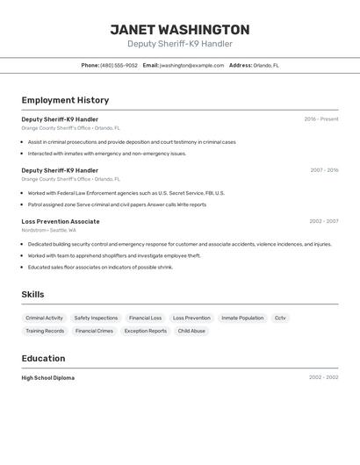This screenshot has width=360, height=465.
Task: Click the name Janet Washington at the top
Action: click(x=179, y=29)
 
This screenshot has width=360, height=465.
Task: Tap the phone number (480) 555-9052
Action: click(x=119, y=65)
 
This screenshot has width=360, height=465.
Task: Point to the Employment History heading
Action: click(x=65, y=100)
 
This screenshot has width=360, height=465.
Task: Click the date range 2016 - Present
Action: click(x=320, y=119)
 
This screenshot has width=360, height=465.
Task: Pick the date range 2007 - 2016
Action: click(x=324, y=170)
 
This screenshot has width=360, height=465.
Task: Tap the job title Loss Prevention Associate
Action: click(x=61, y=221)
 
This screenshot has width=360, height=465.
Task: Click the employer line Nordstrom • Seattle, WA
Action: click(x=56, y=230)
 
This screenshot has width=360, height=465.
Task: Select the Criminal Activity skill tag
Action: click(x=44, y=318)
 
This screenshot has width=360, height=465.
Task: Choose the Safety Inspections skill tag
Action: click(x=96, y=318)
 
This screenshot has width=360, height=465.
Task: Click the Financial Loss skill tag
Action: click(x=145, y=318)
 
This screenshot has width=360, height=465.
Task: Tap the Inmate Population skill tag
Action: click(x=242, y=318)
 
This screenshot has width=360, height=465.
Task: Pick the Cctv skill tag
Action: click(x=280, y=318)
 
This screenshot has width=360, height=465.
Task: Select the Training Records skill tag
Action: click(x=45, y=331)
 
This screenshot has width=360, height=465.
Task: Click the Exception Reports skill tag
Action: click(x=145, y=331)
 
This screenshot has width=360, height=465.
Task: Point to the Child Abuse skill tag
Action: click(x=191, y=331)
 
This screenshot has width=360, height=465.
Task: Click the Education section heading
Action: click(x=43, y=358)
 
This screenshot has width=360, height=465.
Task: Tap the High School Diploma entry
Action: click(x=48, y=377)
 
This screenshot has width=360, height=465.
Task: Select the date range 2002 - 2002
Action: click(x=323, y=377)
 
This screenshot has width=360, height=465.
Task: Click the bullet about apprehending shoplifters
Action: click(x=114, y=255)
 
